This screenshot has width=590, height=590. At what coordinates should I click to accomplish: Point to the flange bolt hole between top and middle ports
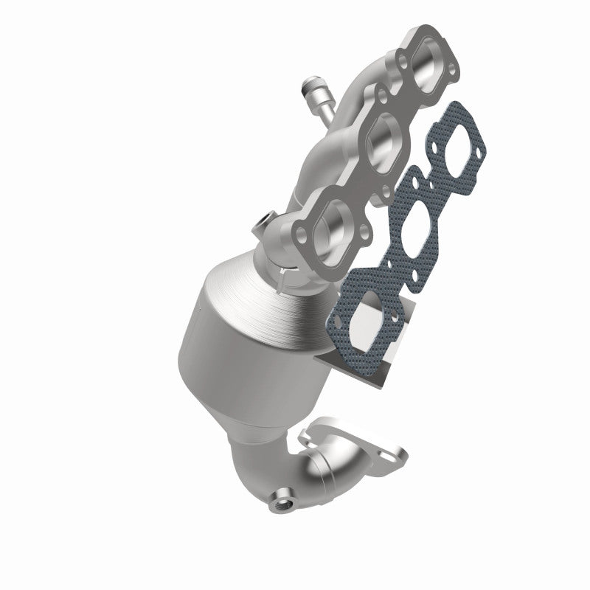click(x=382, y=94)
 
